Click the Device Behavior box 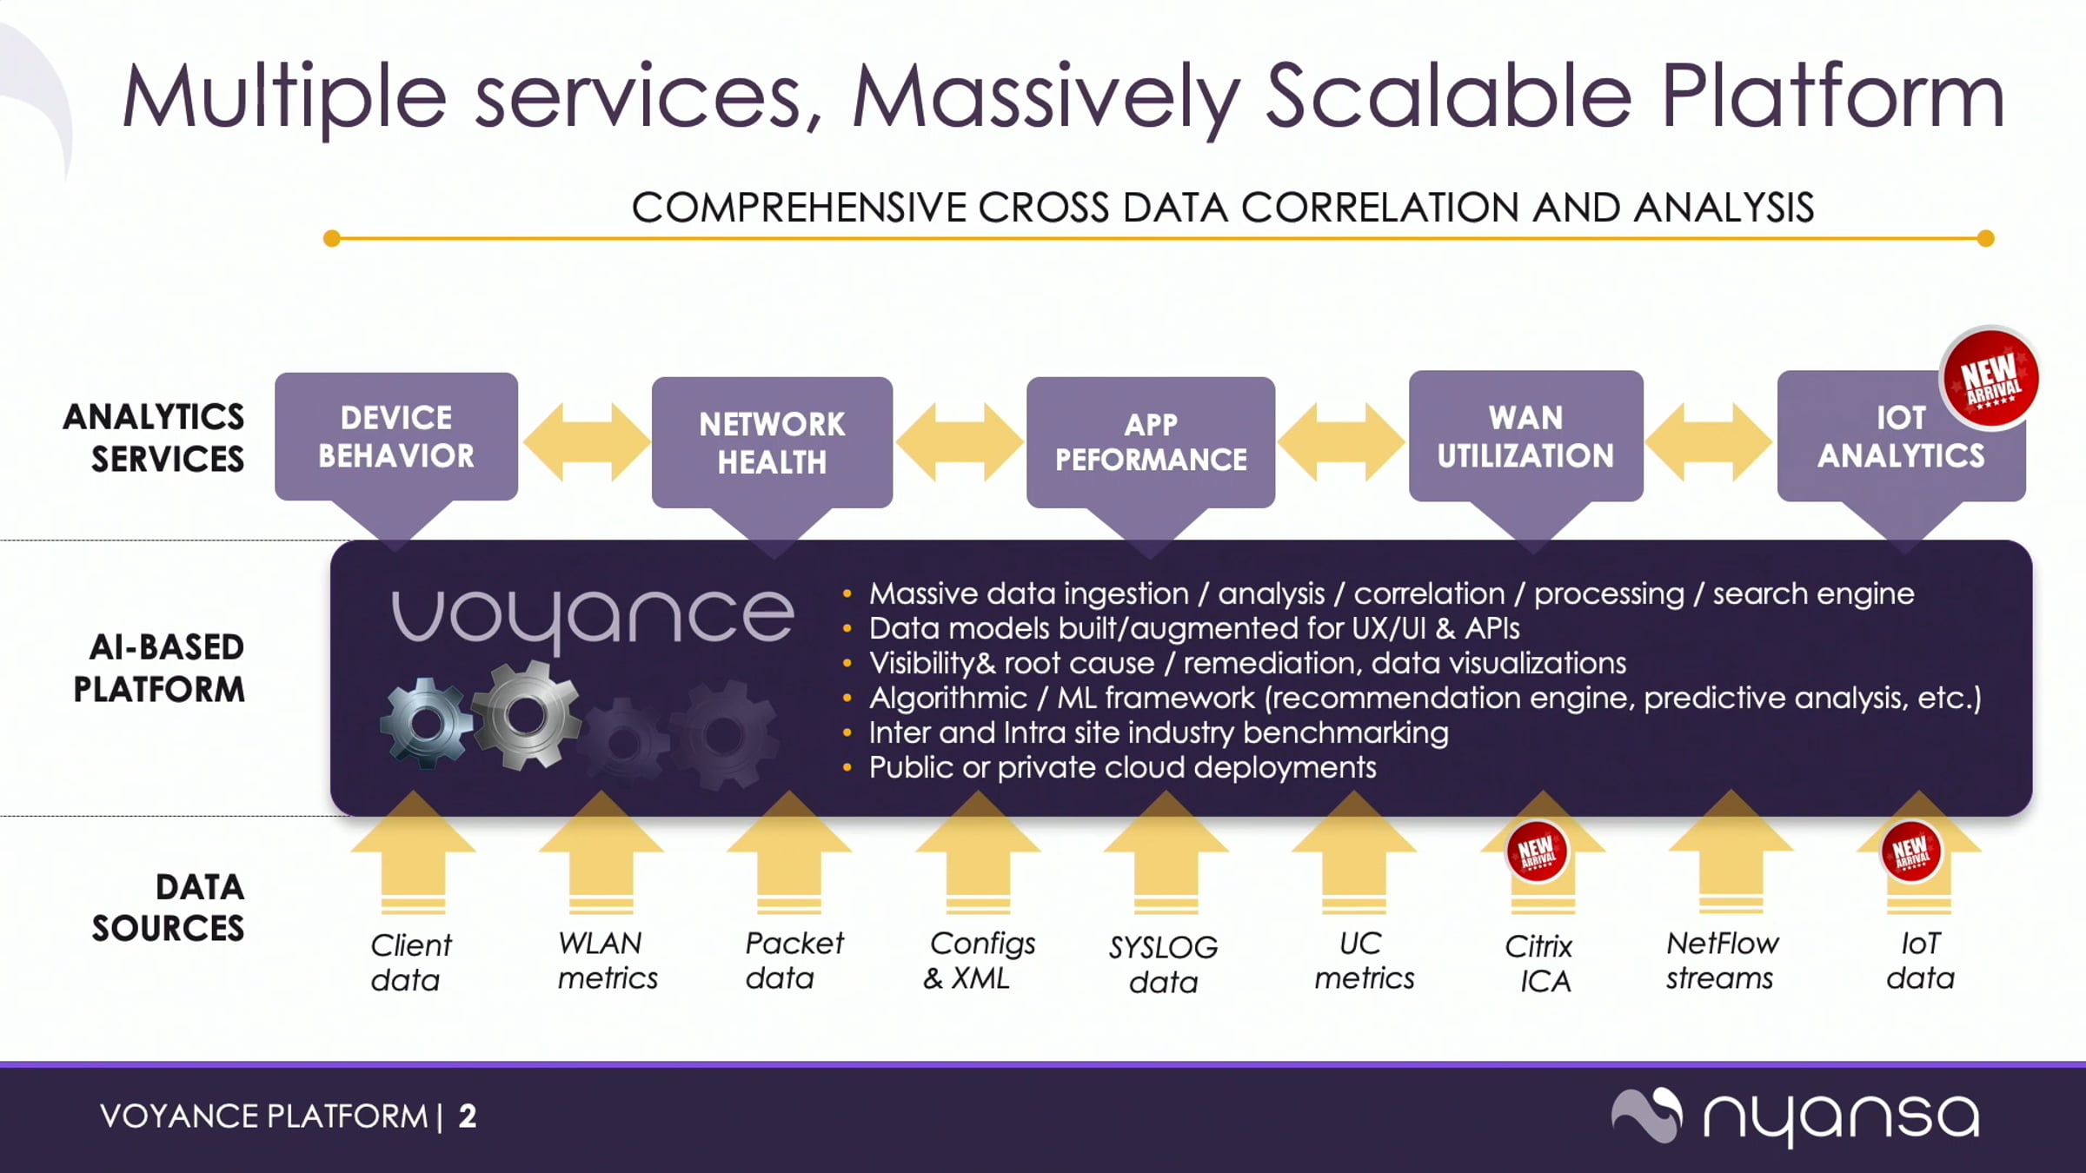[x=396, y=436]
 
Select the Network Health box [x=772, y=442]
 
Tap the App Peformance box [x=1151, y=442]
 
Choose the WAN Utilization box [x=1525, y=436]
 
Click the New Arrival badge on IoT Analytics [x=1990, y=379]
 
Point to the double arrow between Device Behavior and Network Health [x=586, y=441]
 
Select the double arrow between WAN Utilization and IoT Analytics [x=1709, y=441]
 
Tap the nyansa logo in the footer [x=1796, y=1116]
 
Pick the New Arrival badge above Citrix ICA [x=1536, y=852]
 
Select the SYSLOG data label [x=1163, y=964]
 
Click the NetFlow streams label [x=1721, y=960]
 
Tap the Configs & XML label [x=979, y=960]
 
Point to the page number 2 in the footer [x=468, y=1116]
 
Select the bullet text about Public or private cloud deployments [x=1122, y=767]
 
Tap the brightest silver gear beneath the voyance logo [x=525, y=714]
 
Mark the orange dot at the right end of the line [x=1985, y=238]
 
